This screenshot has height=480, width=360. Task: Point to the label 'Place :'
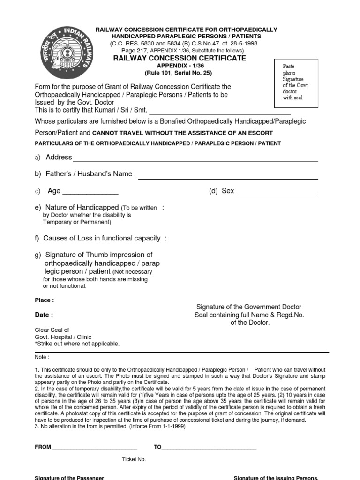tap(45, 300)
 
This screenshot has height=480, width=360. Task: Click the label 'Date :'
tap(44, 315)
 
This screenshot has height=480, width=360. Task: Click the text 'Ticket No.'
tap(134, 459)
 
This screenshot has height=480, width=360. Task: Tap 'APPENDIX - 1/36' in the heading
tap(180, 66)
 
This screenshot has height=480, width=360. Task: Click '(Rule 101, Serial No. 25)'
tap(180, 73)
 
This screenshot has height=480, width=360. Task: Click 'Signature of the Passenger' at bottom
tap(69, 478)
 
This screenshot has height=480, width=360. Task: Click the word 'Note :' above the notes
tap(43, 357)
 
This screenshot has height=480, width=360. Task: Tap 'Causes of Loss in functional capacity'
tap(101, 238)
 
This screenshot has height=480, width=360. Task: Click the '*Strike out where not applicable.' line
tap(77, 344)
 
